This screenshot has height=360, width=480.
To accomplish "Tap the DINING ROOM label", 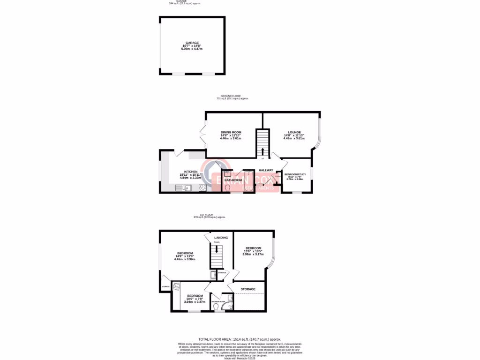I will [x=231, y=132].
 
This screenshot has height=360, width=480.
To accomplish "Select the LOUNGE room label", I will [x=294, y=132].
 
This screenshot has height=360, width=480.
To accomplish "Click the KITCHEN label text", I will [x=191, y=172].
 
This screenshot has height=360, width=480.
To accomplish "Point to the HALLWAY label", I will [x=266, y=170].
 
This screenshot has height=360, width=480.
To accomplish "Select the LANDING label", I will [x=221, y=238].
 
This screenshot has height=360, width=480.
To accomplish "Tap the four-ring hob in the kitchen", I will [x=203, y=188].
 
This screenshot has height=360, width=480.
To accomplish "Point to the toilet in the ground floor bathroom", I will [x=228, y=187].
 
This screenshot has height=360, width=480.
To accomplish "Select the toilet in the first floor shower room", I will [x=216, y=307].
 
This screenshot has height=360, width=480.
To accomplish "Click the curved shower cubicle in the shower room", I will [x=229, y=298].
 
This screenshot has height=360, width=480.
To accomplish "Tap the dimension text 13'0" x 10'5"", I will [x=253, y=251].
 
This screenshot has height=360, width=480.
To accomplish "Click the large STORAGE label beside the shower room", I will [x=248, y=289].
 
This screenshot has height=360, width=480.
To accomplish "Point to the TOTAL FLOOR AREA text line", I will [x=240, y=339].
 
